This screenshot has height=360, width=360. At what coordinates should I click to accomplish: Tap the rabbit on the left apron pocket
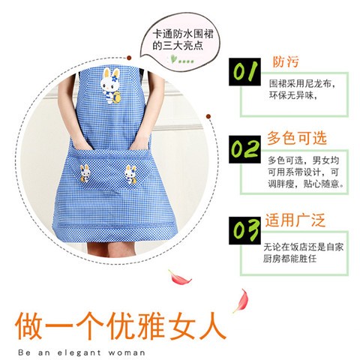tap(87, 172)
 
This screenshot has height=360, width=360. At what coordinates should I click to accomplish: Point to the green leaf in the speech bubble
tap(174, 58)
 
